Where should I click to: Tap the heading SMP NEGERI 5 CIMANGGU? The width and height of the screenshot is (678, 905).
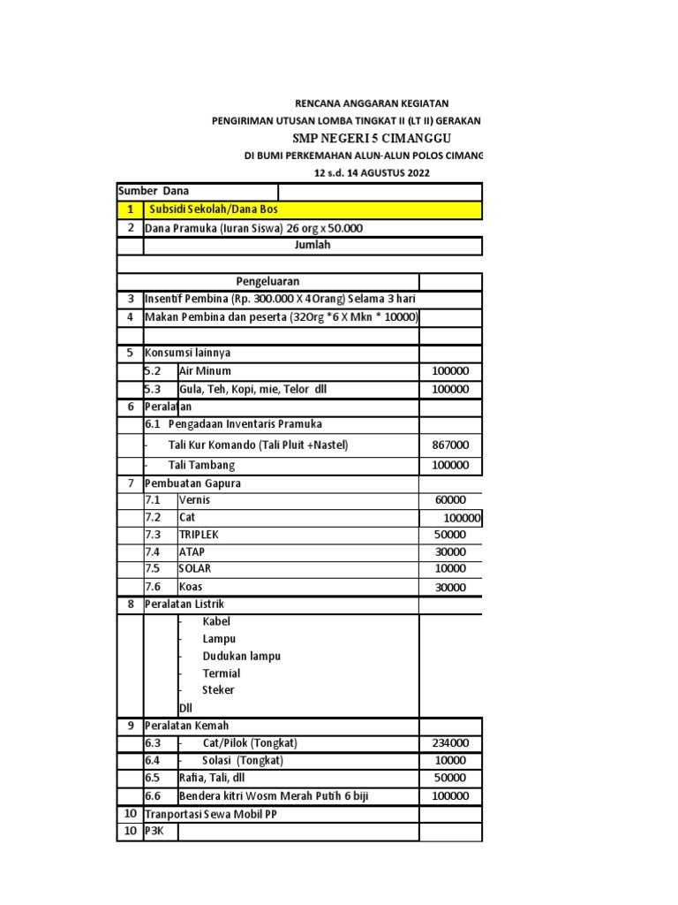pos(372,139)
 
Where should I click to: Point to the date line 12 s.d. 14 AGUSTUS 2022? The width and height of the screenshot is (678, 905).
pos(372,173)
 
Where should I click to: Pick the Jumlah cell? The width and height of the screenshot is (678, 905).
pos(312,245)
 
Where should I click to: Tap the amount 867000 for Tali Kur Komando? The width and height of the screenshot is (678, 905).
pos(450,445)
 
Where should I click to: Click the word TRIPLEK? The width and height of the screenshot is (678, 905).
pos(199,535)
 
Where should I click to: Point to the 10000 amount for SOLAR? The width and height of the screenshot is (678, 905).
pos(450,569)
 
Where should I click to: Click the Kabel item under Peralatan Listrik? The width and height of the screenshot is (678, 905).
pos(216,621)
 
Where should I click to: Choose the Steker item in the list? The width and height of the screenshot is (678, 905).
pos(218,690)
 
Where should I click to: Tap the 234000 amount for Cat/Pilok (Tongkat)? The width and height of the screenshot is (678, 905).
pos(450,743)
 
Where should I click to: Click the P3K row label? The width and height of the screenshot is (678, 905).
pos(154,831)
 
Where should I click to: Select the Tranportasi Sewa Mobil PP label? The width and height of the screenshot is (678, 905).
pos(210,813)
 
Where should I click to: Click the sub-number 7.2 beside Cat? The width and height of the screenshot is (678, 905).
pos(154,517)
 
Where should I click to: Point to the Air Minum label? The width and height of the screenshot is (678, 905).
pos(205,371)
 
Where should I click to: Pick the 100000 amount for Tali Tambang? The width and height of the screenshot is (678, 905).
pos(450,466)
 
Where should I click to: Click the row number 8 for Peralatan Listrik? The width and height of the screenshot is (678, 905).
pos(130,605)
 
